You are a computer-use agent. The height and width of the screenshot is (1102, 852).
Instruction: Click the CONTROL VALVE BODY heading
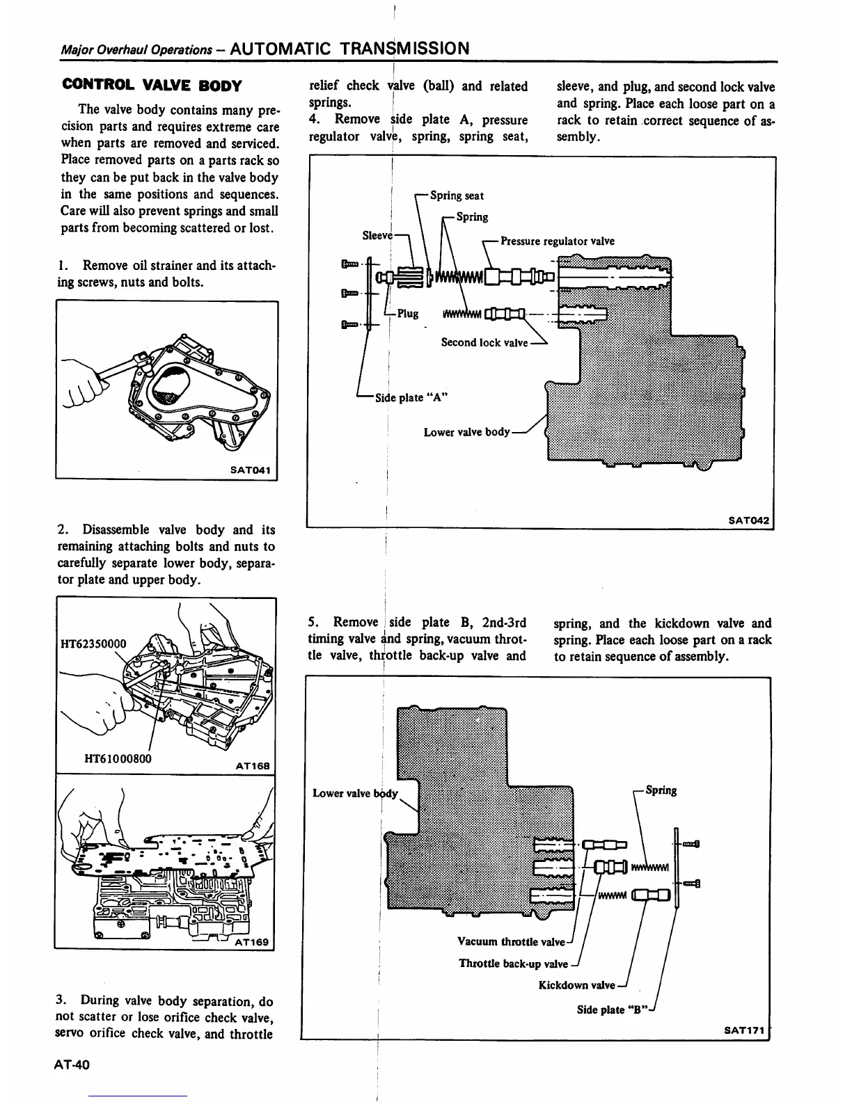coord(152,86)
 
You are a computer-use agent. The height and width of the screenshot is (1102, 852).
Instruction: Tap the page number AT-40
coord(77,1066)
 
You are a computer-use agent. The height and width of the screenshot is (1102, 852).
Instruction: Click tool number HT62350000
coord(93,644)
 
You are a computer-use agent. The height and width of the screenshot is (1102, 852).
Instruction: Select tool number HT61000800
coord(117,758)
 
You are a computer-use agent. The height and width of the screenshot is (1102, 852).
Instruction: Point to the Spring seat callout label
coord(457,195)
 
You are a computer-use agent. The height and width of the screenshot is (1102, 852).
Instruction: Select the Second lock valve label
coord(484,342)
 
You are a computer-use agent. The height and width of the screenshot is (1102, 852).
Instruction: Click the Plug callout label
coord(408,313)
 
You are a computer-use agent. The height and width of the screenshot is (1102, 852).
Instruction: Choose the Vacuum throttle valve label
coord(511,942)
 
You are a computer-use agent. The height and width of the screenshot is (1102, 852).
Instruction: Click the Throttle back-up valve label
coord(513,964)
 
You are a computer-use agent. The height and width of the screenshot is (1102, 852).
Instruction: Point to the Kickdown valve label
coord(576,985)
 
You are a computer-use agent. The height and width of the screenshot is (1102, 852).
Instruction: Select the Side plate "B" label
coord(612,1009)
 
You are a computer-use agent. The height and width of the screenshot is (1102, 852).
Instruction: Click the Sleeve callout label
coord(377,235)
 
